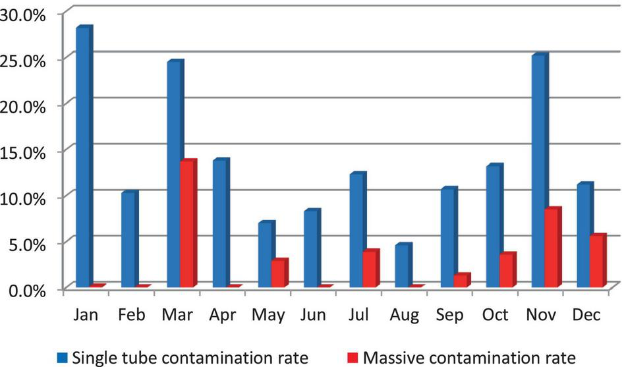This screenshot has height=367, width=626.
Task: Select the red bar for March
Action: pyautogui.click(x=187, y=225)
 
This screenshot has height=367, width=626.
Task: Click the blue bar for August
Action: pyautogui.click(x=401, y=266)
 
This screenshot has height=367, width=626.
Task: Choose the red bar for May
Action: pyautogui.click(x=278, y=274)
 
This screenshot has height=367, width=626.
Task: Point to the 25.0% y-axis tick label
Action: pyautogui.click(x=32, y=59)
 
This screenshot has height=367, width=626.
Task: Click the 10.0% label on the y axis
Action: pyautogui.click(x=32, y=198)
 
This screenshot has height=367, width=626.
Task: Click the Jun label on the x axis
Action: pyautogui.click(x=314, y=316)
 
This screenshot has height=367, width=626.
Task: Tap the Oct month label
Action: pyautogui.click(x=495, y=316)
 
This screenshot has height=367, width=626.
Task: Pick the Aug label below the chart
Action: pyautogui.click(x=404, y=316)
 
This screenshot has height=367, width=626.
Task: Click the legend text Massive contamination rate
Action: pyautogui.click(x=470, y=357)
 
